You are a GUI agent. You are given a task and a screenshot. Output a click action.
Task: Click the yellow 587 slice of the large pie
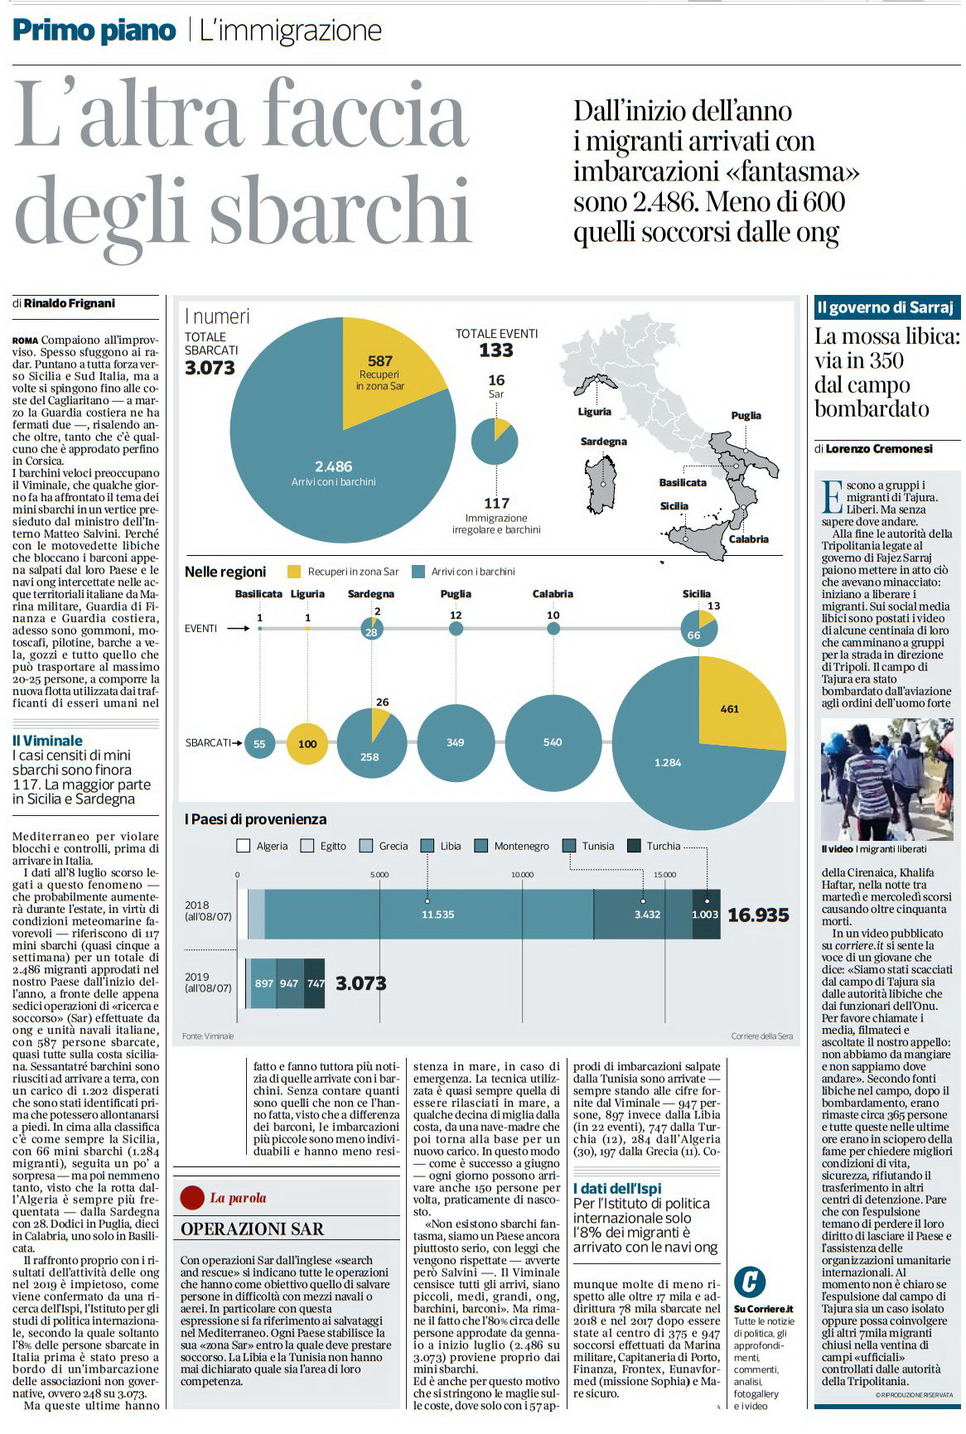click(x=389, y=369)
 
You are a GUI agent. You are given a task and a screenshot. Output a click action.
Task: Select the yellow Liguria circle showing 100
click(x=307, y=743)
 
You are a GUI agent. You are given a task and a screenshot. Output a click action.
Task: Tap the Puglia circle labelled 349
click(x=456, y=743)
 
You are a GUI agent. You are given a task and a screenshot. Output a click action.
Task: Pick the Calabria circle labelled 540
click(x=553, y=743)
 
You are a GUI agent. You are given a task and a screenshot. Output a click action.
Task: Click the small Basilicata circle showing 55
click(x=259, y=744)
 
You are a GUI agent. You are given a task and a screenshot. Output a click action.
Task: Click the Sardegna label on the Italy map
click(x=604, y=442)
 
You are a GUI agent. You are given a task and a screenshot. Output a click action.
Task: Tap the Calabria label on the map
click(x=749, y=539)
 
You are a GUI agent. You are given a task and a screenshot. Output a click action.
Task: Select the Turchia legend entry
click(x=654, y=846)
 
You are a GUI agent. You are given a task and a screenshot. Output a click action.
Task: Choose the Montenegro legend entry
click(x=512, y=846)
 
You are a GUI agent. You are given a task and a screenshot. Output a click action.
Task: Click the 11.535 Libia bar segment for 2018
click(x=429, y=915)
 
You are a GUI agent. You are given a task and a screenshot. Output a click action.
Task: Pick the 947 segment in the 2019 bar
click(x=289, y=983)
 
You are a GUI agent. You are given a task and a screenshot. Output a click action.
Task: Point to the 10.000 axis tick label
click(x=522, y=875)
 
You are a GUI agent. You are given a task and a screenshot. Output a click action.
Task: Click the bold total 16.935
click(x=758, y=915)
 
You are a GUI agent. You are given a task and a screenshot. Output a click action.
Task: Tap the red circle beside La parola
click(x=192, y=1197)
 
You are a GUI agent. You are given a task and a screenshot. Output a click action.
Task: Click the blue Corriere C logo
click(x=750, y=1282)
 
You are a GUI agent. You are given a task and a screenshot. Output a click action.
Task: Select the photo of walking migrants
click(x=886, y=780)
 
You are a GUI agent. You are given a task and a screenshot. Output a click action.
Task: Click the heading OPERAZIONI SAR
click(x=253, y=1229)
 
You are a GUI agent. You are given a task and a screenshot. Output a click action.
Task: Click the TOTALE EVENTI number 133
click(x=496, y=350)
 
